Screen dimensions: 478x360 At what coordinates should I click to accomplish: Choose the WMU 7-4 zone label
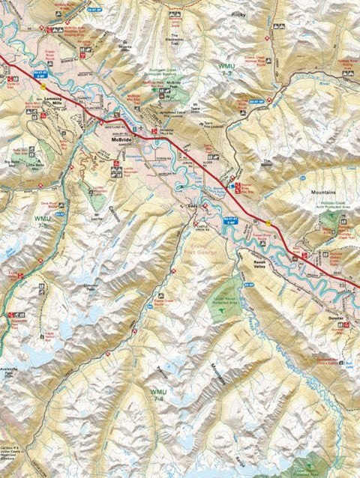[158, 394]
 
